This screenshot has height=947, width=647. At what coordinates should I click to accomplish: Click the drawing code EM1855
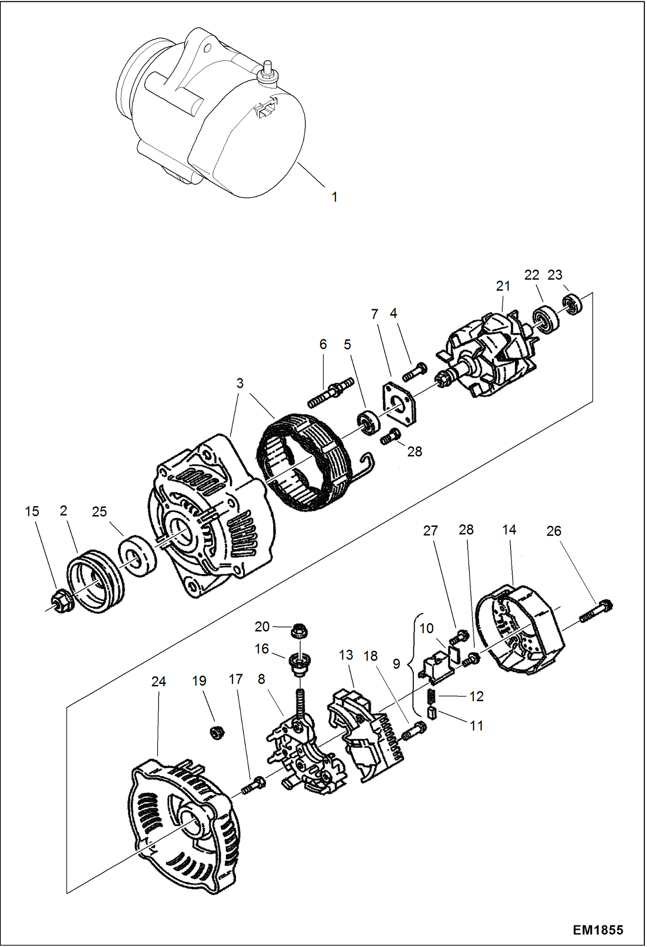click(597, 930)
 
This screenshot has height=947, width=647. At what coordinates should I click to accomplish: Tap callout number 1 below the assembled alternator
click(334, 197)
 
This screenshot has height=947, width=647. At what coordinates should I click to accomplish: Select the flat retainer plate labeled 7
click(400, 403)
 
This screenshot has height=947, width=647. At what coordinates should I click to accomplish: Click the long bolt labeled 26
click(596, 612)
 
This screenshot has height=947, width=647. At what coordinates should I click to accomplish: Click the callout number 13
click(346, 655)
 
